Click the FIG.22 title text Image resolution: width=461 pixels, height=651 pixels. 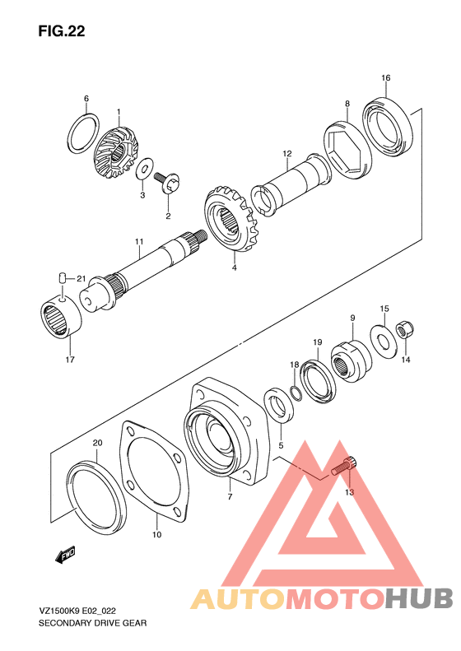pyautogui.click(x=61, y=31)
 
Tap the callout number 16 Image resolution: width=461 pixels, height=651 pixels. pyautogui.click(x=385, y=78)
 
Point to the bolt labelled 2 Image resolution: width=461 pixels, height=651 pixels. pyautogui.click(x=171, y=183)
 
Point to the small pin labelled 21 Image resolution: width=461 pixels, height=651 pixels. pyautogui.click(x=63, y=279)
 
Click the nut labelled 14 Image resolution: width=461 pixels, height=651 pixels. pyautogui.click(x=405, y=331)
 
